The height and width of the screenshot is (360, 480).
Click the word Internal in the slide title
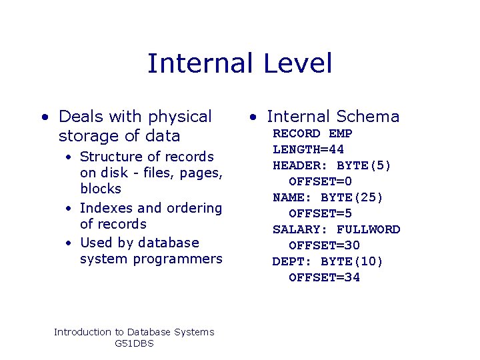pyautogui.click(x=199, y=63)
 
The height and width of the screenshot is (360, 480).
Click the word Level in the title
pyautogui.click(x=297, y=63)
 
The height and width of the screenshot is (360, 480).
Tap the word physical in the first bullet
pyautogui.click(x=180, y=117)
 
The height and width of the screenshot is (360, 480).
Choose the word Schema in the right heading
pyautogui.click(x=368, y=117)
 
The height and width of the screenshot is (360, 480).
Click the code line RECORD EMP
pyautogui.click(x=313, y=133)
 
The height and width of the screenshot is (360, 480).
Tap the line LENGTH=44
pyautogui.click(x=309, y=149)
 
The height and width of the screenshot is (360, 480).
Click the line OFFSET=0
pyautogui.click(x=321, y=181)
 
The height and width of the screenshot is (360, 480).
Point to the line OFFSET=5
pyautogui.click(x=321, y=213)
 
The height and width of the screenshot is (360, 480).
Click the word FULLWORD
pyautogui.click(x=369, y=229)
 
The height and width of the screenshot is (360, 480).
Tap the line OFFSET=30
pyautogui.click(x=325, y=245)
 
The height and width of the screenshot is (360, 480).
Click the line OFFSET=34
pyautogui.click(x=325, y=277)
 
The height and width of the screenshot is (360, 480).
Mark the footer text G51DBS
pyautogui.click(x=134, y=343)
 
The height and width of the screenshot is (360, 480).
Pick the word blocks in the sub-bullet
pyautogui.click(x=101, y=189)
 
